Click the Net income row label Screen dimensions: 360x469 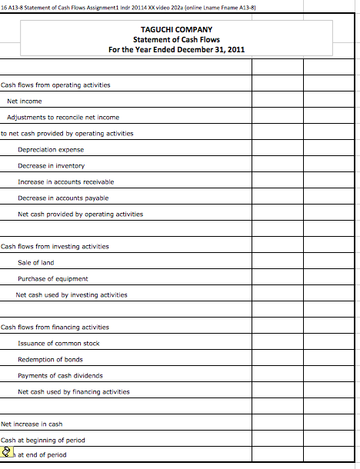(24, 101)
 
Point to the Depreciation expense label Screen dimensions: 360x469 (51, 149)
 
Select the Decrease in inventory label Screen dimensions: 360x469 (51, 165)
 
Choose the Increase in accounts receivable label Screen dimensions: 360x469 (65, 181)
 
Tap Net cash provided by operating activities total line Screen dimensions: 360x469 (80, 214)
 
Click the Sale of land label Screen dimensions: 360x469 (35, 262)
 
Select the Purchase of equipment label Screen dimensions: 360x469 (52, 278)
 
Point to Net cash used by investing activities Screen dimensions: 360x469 (72, 294)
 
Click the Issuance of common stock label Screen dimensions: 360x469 (58, 343)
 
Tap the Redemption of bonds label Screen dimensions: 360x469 (50, 359)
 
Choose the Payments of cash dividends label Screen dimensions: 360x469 (60, 375)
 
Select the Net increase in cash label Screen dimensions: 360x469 (31, 424)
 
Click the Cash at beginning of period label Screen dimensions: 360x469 (43, 440)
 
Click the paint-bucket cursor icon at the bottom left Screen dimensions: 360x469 (7, 454)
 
